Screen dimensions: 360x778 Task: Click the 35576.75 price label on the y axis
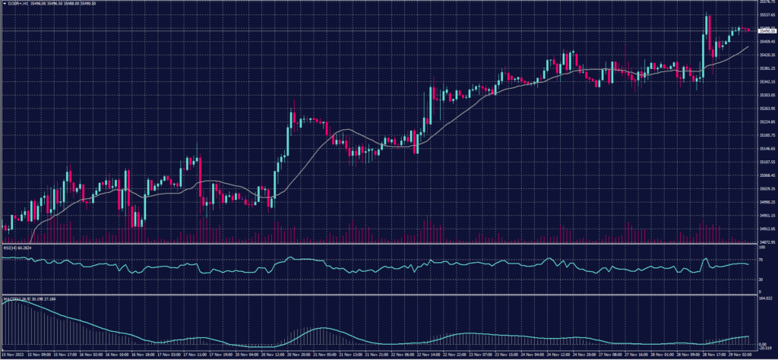pos(766,2)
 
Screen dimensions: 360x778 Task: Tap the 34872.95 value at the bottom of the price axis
pos(766,242)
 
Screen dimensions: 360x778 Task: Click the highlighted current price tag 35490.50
pos(766,30)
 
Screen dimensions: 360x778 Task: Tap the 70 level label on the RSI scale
pos(761,258)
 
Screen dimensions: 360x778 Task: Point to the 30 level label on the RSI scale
pos(761,279)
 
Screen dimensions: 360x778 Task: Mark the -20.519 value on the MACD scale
pos(764,348)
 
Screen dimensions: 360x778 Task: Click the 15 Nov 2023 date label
pos(13,354)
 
